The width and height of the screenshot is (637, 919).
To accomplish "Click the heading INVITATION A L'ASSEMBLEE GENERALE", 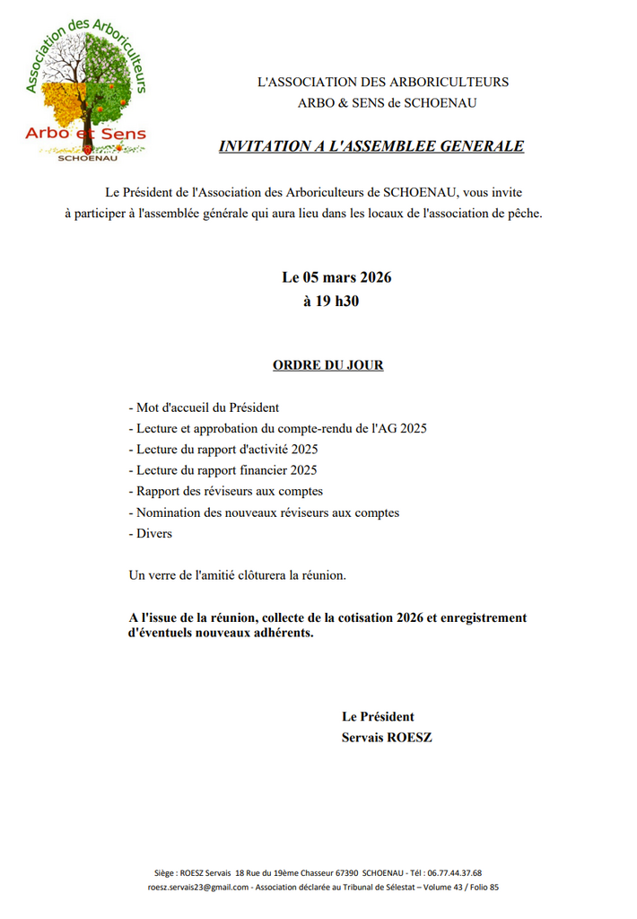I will pos(371,146).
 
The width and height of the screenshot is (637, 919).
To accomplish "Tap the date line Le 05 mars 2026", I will pos(336,277).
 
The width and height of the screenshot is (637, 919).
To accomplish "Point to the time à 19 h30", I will pos(331,302).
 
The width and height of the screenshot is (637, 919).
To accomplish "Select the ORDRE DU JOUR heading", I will pos(327,365).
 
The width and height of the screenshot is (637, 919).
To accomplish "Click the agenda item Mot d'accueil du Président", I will pos(204,407).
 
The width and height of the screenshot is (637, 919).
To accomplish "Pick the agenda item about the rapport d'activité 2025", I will pos(223,449).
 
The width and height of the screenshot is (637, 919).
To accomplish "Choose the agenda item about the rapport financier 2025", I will pos(223,470).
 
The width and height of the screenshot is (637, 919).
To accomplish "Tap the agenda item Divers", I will pos(151,533).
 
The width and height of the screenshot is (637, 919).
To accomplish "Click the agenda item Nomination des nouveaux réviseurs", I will pos(264,512).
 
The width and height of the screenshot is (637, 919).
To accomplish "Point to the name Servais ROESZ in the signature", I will pos(387,738).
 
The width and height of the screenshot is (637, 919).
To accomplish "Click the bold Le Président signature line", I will pos(378,716).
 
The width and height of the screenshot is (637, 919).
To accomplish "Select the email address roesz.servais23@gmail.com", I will pos(198,888).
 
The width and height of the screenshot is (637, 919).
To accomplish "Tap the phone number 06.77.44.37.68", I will pos(451,873).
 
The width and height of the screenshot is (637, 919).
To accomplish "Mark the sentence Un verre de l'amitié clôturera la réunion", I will pos(237,574).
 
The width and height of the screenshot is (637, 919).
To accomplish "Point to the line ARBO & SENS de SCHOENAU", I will pos(387,103).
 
